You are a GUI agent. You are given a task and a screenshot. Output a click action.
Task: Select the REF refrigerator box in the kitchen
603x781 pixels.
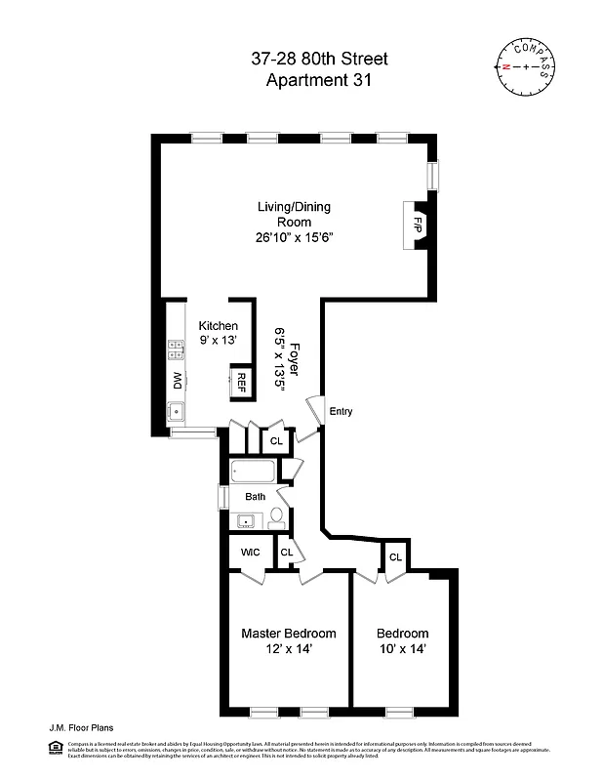[x=239, y=382]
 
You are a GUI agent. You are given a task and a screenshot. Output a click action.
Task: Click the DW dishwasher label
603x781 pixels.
[x=178, y=379]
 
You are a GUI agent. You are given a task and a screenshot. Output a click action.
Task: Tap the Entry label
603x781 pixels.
[x=341, y=411]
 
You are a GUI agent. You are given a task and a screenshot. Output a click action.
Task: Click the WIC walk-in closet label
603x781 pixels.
[x=249, y=554]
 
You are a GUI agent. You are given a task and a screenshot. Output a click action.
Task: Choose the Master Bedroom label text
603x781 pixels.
[x=288, y=634]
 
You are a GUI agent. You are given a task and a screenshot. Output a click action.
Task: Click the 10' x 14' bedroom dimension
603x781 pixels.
[x=403, y=648]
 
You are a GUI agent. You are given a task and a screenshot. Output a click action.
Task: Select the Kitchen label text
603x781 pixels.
[x=218, y=325]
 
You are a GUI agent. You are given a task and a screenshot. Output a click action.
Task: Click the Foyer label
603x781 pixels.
[x=291, y=358]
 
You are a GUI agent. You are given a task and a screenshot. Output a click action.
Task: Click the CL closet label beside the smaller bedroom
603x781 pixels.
[x=395, y=557]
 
